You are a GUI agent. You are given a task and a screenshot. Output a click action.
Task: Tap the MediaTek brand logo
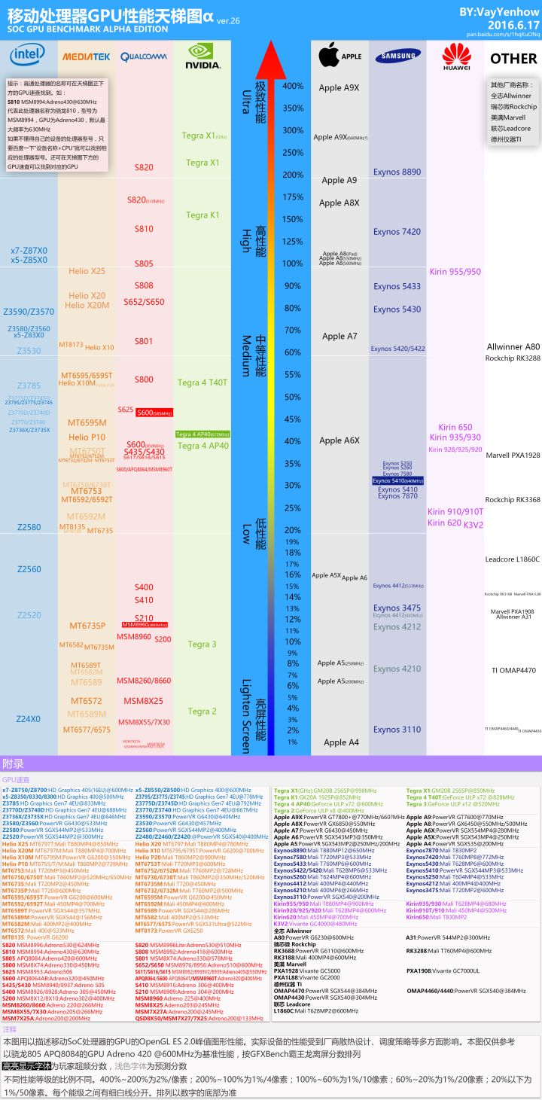point(86,56)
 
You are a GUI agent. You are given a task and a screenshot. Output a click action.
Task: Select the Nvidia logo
point(203,55)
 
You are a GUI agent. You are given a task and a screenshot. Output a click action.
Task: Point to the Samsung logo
point(398,56)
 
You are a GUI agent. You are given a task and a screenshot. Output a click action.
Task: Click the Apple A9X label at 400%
point(339,88)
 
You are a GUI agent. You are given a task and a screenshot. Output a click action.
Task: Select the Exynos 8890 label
point(397,172)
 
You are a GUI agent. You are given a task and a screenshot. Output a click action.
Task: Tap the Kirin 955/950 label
point(455,271)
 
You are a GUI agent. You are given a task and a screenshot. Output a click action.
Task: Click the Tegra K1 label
point(202,215)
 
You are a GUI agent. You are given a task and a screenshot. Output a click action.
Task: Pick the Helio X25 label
point(87,271)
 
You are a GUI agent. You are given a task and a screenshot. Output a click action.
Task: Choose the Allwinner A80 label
point(513,347)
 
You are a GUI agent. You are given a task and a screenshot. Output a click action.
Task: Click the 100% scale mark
point(292,264)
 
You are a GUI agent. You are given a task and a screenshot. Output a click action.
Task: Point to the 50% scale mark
point(292,397)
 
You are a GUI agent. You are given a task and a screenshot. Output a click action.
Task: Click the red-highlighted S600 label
point(155,413)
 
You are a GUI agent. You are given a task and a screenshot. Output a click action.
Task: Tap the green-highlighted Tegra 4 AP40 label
point(202,434)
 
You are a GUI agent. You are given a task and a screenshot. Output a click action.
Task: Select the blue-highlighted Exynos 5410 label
point(397,480)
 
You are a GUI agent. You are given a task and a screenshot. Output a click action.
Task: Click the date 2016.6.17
point(508,24)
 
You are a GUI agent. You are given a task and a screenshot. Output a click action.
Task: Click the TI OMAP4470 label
point(513,670)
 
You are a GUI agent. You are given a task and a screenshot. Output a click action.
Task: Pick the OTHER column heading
point(513,59)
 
